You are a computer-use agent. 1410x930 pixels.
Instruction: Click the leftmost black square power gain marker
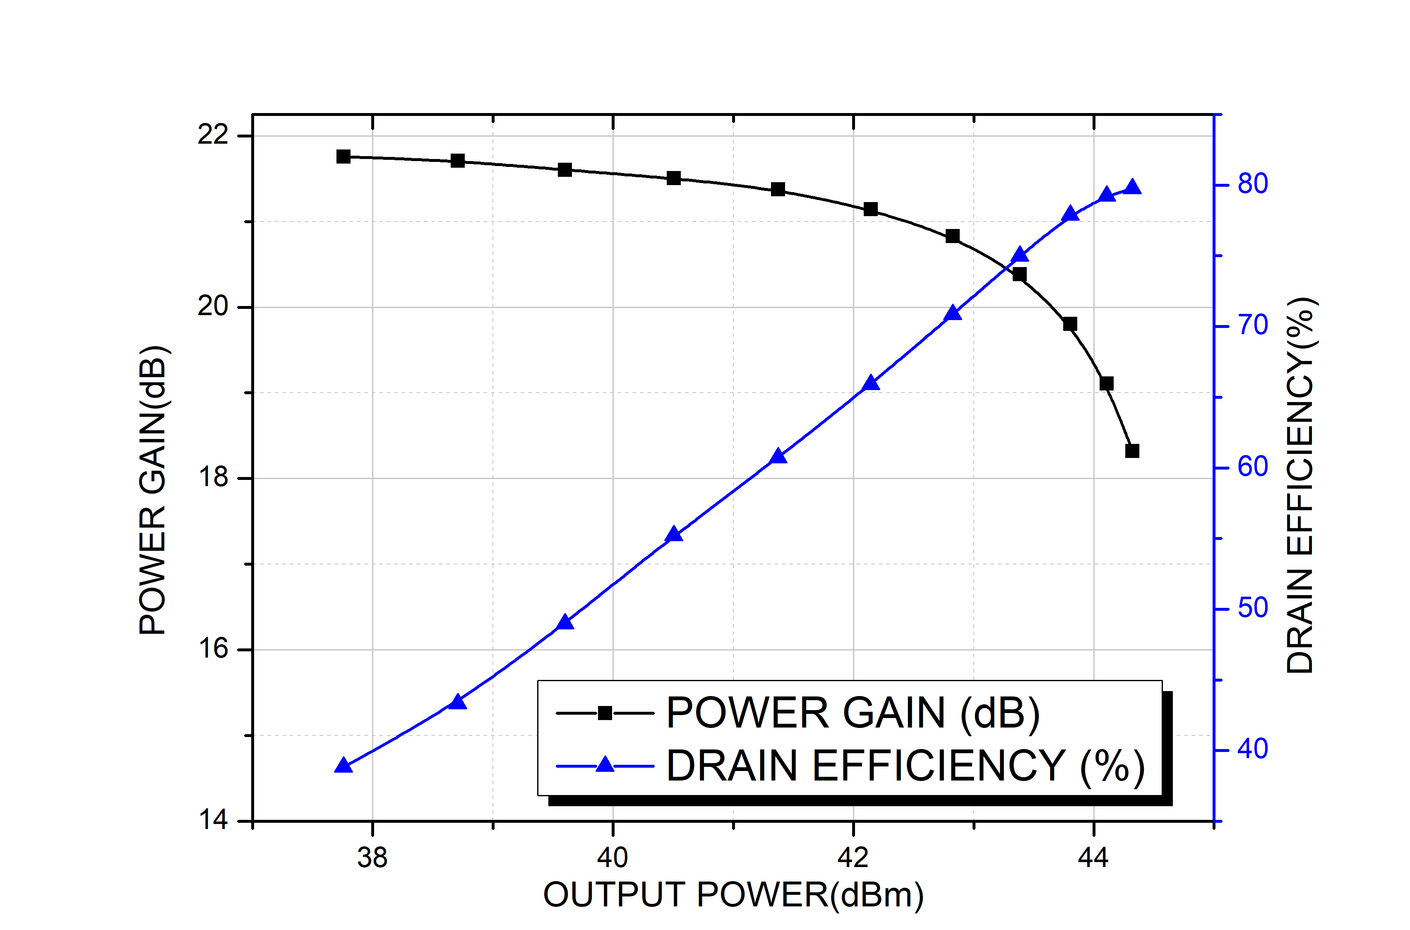(343, 157)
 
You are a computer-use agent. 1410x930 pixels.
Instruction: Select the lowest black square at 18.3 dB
(1132, 451)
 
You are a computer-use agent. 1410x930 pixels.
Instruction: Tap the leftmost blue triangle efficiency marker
(343, 766)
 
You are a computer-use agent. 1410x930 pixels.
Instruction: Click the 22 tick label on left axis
(213, 135)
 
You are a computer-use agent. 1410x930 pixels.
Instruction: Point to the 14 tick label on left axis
(213, 820)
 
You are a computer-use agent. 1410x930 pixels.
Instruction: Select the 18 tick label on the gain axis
(213, 477)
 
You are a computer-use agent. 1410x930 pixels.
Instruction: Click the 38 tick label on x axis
(372, 858)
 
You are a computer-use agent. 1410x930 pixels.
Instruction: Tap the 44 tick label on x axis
(1093, 858)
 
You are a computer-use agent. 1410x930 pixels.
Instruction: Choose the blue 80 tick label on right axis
(1252, 184)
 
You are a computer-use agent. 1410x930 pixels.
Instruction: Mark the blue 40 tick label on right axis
(1252, 750)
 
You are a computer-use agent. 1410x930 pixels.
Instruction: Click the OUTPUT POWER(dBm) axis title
(733, 895)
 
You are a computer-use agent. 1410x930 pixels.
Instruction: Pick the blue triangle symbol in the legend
(605, 764)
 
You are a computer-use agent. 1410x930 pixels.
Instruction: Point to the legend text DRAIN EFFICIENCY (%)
(905, 766)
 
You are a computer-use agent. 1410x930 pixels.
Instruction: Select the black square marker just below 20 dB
(1070, 324)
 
